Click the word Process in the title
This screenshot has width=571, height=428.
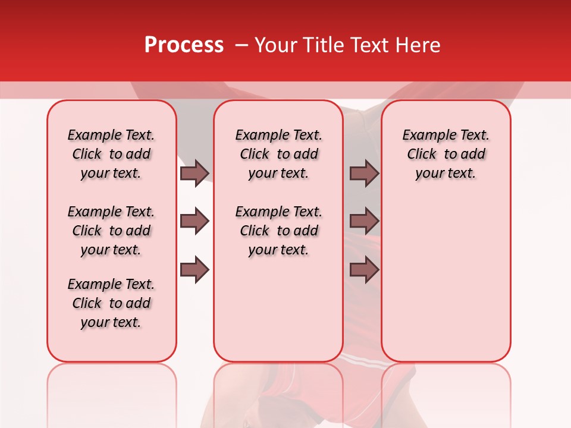pyautogui.click(x=184, y=45)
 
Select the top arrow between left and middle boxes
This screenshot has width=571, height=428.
pyautogui.click(x=194, y=173)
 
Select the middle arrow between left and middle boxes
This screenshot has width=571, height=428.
pyautogui.click(x=194, y=221)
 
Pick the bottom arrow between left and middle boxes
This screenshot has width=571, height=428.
pyautogui.click(x=194, y=270)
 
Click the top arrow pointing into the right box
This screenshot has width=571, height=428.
pyautogui.click(x=364, y=173)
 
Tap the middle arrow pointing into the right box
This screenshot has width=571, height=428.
pyautogui.click(x=364, y=221)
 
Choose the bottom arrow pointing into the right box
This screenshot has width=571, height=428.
pyautogui.click(x=364, y=270)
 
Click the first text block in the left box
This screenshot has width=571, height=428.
pyautogui.click(x=111, y=154)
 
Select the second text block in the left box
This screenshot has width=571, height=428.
pyautogui.click(x=111, y=231)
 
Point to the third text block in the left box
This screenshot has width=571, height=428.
pyautogui.click(x=111, y=303)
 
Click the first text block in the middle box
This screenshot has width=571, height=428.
pyautogui.click(x=278, y=154)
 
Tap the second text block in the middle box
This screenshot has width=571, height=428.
pyautogui.click(x=278, y=231)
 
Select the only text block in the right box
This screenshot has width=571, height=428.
pyautogui.click(x=445, y=154)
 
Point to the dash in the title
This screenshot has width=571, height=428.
pyautogui.click(x=241, y=45)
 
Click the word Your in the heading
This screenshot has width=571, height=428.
pyautogui.click(x=275, y=45)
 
